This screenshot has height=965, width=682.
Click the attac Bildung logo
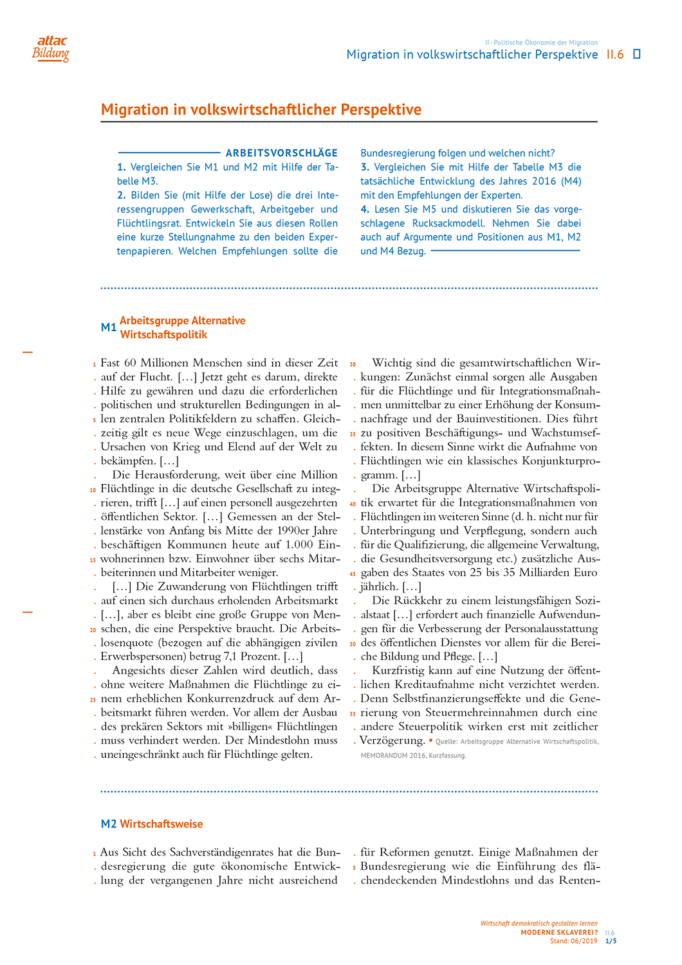pos(51,49)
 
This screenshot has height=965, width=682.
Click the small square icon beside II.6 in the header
pos(637,54)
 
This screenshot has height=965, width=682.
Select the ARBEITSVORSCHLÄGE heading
pos(281,153)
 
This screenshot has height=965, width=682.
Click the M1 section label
pos(108,327)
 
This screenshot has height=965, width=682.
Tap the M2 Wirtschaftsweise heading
pos(152,824)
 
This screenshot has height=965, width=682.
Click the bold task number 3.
pos(364,167)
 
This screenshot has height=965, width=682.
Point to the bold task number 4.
pos(364,209)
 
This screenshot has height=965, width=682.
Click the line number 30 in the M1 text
pos(353,364)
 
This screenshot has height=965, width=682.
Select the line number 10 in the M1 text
pos(93,490)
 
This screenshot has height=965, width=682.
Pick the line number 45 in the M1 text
pos(353,574)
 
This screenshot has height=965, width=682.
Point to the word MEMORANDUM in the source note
pos(384,755)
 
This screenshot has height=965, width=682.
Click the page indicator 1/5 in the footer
pos(611,941)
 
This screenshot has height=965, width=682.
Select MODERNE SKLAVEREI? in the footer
pos(558,933)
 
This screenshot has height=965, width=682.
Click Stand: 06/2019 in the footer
pos(573,941)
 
